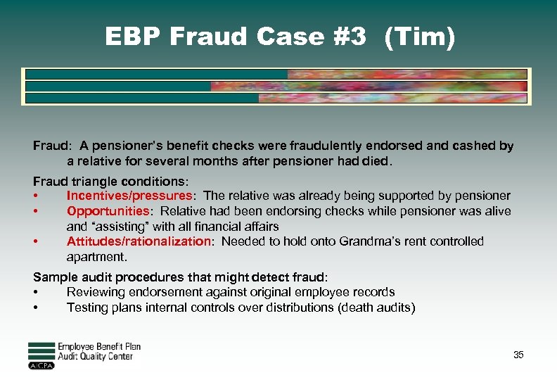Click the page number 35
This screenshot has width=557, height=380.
518,355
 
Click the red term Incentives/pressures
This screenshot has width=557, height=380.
129,196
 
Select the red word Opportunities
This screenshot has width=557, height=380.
105,211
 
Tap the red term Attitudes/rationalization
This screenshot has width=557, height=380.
139,241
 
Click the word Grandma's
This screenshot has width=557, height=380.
369,241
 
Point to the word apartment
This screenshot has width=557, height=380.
96,257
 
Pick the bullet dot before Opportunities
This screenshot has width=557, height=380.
35,211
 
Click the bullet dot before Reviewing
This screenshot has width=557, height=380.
35,292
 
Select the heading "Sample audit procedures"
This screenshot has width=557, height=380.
99,277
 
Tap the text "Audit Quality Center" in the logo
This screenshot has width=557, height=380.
95,357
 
